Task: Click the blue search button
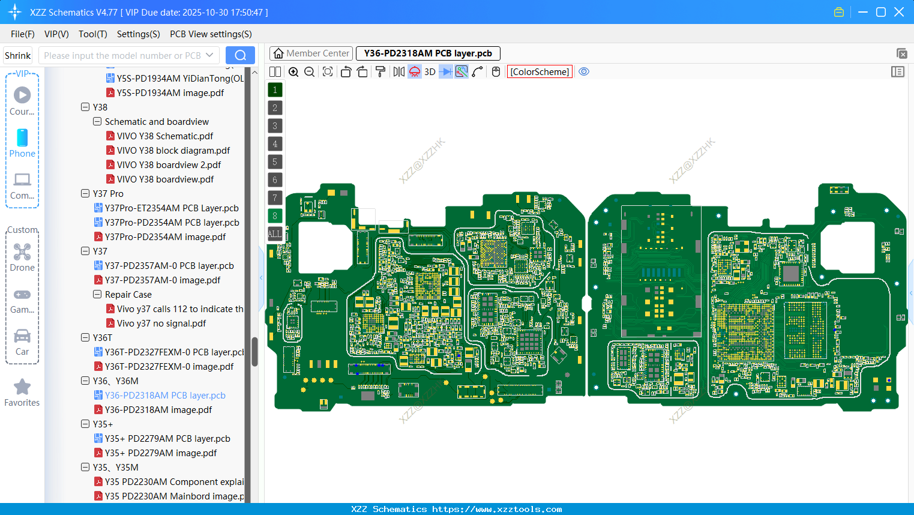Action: click(x=240, y=55)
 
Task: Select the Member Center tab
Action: click(x=311, y=53)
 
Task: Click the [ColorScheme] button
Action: click(x=540, y=71)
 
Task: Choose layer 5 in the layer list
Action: click(x=275, y=161)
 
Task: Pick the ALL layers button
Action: click(x=275, y=233)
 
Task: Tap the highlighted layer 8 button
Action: click(x=275, y=215)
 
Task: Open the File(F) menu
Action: click(x=22, y=34)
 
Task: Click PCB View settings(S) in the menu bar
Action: click(x=211, y=34)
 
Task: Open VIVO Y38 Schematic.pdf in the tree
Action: click(x=164, y=136)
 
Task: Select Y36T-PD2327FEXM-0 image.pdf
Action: click(x=169, y=367)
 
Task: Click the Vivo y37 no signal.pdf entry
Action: click(x=161, y=324)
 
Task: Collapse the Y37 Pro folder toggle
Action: click(x=85, y=194)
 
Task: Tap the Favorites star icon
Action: click(x=22, y=387)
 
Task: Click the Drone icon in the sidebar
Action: click(x=22, y=252)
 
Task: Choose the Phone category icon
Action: click(x=22, y=138)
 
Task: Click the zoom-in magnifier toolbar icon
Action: click(x=293, y=72)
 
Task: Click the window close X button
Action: click(x=899, y=12)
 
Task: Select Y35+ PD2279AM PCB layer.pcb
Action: click(x=167, y=439)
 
